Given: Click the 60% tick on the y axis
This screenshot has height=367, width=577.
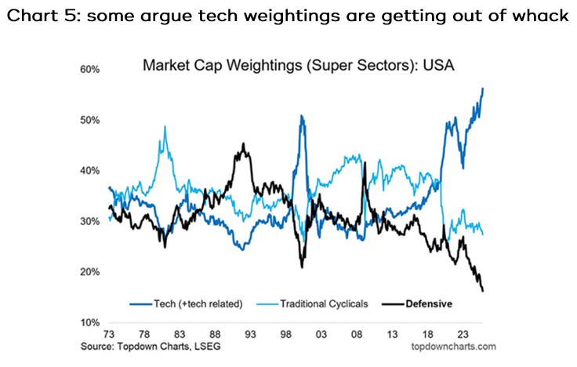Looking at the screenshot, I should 89,70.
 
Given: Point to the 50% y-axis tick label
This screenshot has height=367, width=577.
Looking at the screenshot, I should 89,121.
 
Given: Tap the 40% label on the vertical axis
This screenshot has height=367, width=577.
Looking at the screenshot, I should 89,171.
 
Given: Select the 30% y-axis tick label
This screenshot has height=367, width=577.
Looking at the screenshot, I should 89,222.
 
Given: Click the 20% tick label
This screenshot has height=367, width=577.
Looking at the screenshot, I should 89,272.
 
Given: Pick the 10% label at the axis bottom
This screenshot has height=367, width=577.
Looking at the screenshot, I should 89,323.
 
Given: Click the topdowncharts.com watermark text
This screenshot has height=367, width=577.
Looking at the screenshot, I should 452,346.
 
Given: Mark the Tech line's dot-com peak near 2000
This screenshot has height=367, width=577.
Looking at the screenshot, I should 302,116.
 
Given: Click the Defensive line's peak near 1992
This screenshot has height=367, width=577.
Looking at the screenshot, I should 244,144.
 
